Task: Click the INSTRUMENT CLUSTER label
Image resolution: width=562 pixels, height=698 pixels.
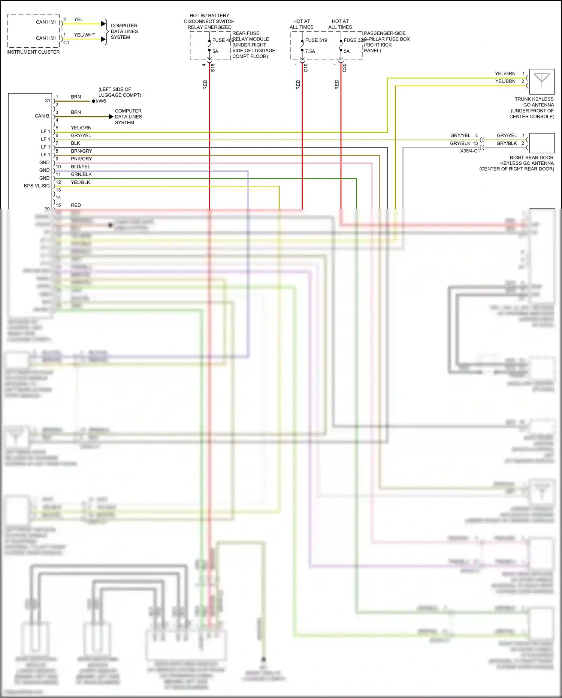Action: coord(33,52)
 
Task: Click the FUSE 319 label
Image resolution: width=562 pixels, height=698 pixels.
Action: coord(316,40)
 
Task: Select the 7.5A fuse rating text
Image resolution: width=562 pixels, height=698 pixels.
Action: coord(310,51)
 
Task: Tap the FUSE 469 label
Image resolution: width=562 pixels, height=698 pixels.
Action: coord(223,40)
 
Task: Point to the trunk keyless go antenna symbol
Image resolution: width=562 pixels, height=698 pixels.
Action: coord(542,81)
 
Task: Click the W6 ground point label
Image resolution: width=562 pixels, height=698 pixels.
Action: coord(102,101)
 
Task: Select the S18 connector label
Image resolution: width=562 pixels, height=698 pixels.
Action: coord(213,68)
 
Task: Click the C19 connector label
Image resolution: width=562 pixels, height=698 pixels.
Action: coord(306,68)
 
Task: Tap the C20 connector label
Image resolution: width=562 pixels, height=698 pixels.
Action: coord(344,68)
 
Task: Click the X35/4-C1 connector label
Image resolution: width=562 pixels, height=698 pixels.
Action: coord(470,151)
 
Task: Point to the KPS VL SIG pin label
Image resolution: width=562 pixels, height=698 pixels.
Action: coord(37,186)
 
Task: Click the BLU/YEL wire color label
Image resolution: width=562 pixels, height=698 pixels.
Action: coord(81,167)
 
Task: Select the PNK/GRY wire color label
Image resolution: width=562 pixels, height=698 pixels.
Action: coord(81,159)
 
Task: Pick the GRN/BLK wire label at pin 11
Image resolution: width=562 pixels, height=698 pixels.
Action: coord(81,174)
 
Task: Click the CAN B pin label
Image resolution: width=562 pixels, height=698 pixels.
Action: coord(42,116)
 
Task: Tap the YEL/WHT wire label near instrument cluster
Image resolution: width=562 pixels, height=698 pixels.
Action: coord(85,35)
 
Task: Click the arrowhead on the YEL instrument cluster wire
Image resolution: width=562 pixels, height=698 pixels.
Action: coord(103,24)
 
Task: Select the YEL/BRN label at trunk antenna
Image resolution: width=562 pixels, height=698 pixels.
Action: coord(505,81)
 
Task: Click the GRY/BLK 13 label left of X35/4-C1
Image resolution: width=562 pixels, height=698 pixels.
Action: coord(464,143)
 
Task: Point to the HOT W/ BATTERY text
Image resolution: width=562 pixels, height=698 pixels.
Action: coord(209,16)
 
